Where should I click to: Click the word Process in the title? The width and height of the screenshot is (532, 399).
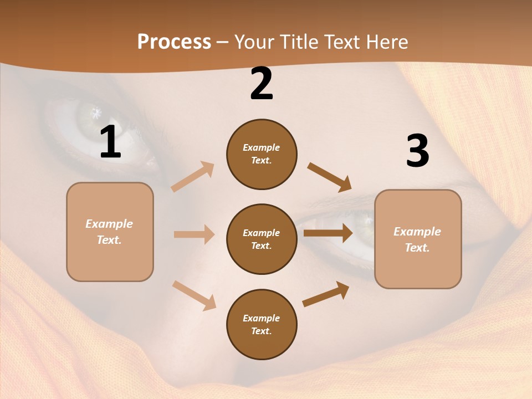[174, 42]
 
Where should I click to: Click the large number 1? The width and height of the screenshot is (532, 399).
[110, 142]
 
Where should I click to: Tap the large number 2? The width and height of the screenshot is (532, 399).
[262, 84]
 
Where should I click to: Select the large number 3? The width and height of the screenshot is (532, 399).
[417, 151]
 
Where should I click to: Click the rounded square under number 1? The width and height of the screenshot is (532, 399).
[110, 232]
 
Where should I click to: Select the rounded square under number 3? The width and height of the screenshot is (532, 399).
[418, 239]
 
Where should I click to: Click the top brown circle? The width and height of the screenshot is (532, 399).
[262, 154]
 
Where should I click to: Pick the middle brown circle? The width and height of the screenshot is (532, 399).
[262, 239]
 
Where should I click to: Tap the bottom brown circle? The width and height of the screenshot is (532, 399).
[262, 324]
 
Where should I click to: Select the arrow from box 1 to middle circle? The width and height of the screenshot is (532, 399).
[194, 234]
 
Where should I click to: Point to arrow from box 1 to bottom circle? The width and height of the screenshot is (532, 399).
[194, 295]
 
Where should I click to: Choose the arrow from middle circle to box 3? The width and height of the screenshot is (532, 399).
[328, 233]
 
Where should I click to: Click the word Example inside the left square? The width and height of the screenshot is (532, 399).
[109, 224]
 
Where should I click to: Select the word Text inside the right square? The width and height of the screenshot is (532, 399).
[417, 248]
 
